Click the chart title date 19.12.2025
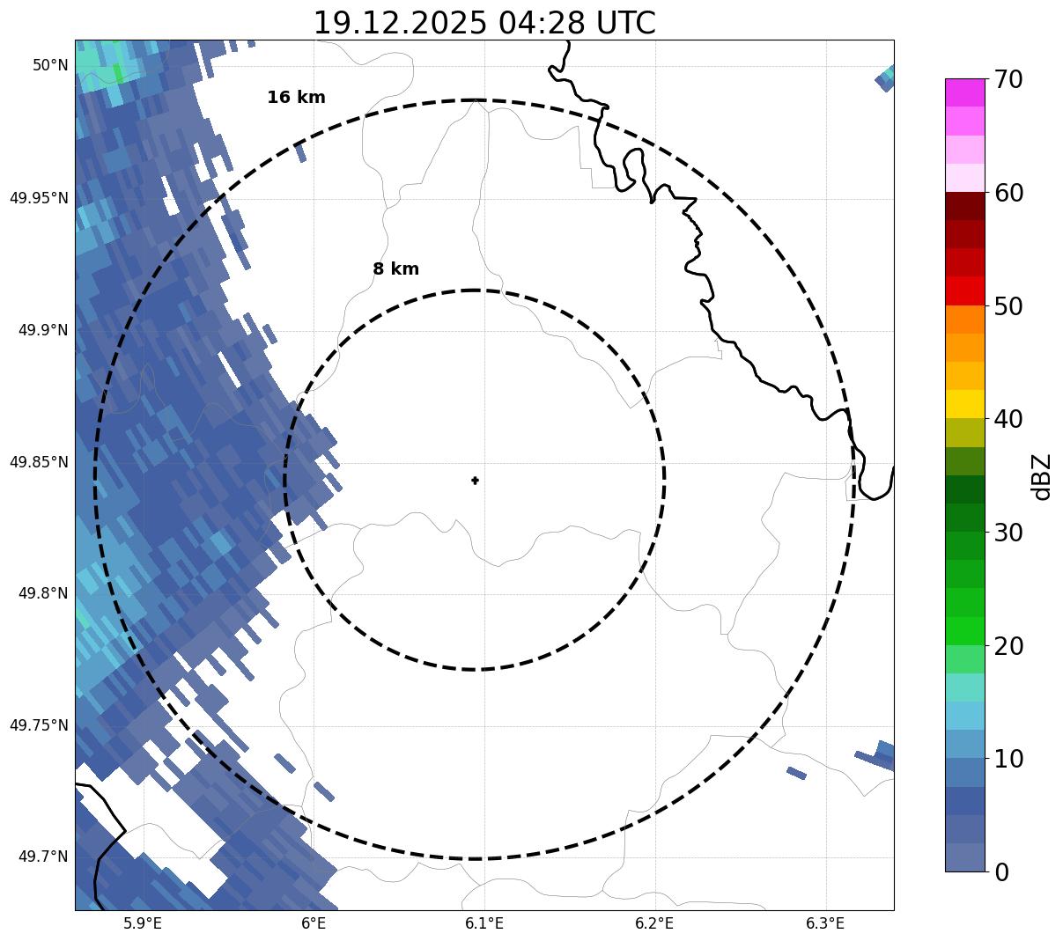(399, 23)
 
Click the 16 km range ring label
(296, 98)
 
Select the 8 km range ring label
(395, 269)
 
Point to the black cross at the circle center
(476, 481)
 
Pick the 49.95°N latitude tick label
(39, 197)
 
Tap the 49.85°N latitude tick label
(39, 461)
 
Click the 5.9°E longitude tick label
(143, 923)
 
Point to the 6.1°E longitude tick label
(484, 923)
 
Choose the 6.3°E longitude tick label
(825, 923)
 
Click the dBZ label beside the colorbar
(1042, 476)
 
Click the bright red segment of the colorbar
(964, 290)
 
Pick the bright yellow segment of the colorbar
(964, 404)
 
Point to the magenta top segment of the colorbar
(964, 92)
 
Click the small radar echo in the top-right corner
(886, 78)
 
